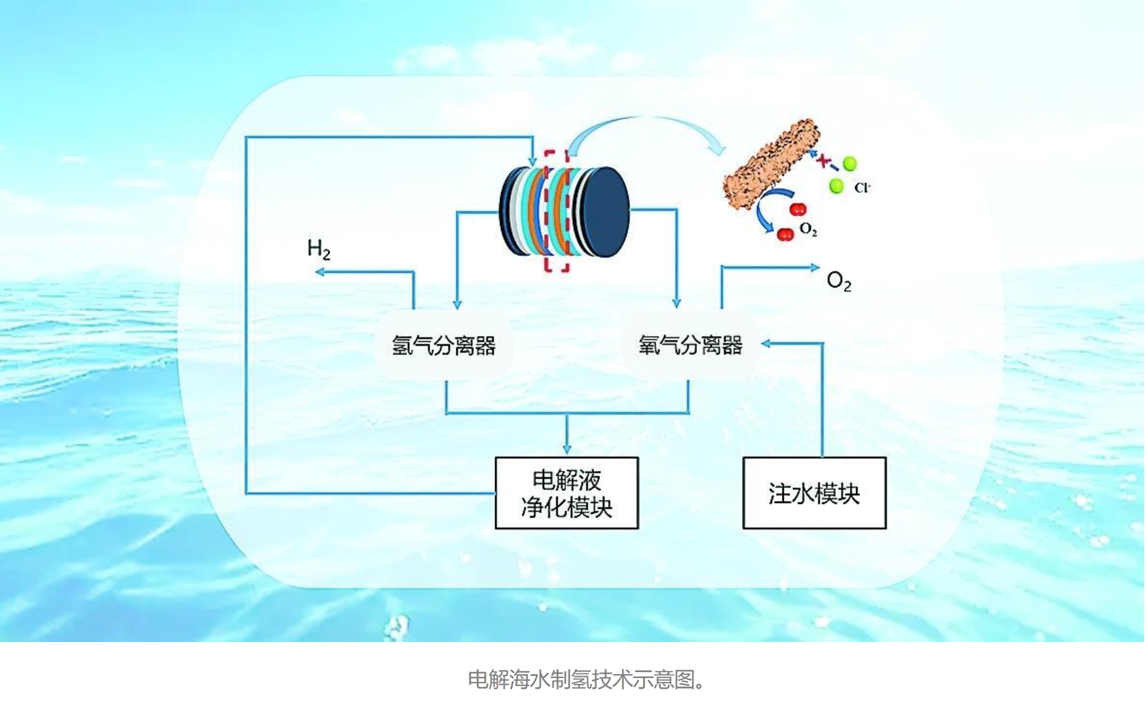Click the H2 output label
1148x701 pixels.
point(319,249)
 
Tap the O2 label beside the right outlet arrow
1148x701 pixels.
point(839,281)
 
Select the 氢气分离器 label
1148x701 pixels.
point(443,345)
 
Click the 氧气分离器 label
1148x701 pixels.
point(690,345)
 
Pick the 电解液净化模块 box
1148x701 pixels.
point(566,493)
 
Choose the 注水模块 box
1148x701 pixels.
point(814,493)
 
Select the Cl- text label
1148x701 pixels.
point(862,188)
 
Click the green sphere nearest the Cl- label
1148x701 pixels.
point(836,186)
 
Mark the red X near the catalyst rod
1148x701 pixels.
point(823,159)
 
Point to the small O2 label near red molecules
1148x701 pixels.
point(809,230)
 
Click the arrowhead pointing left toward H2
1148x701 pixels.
point(320,271)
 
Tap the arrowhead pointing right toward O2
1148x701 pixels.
point(815,267)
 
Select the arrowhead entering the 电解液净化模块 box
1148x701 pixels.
point(566,449)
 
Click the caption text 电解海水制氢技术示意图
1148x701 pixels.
point(587,679)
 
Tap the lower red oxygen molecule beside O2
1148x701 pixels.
point(785,235)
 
